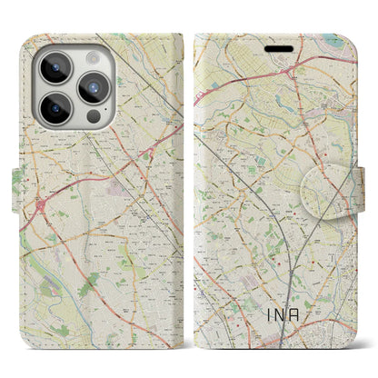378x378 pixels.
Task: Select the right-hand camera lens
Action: tap(94, 89)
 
